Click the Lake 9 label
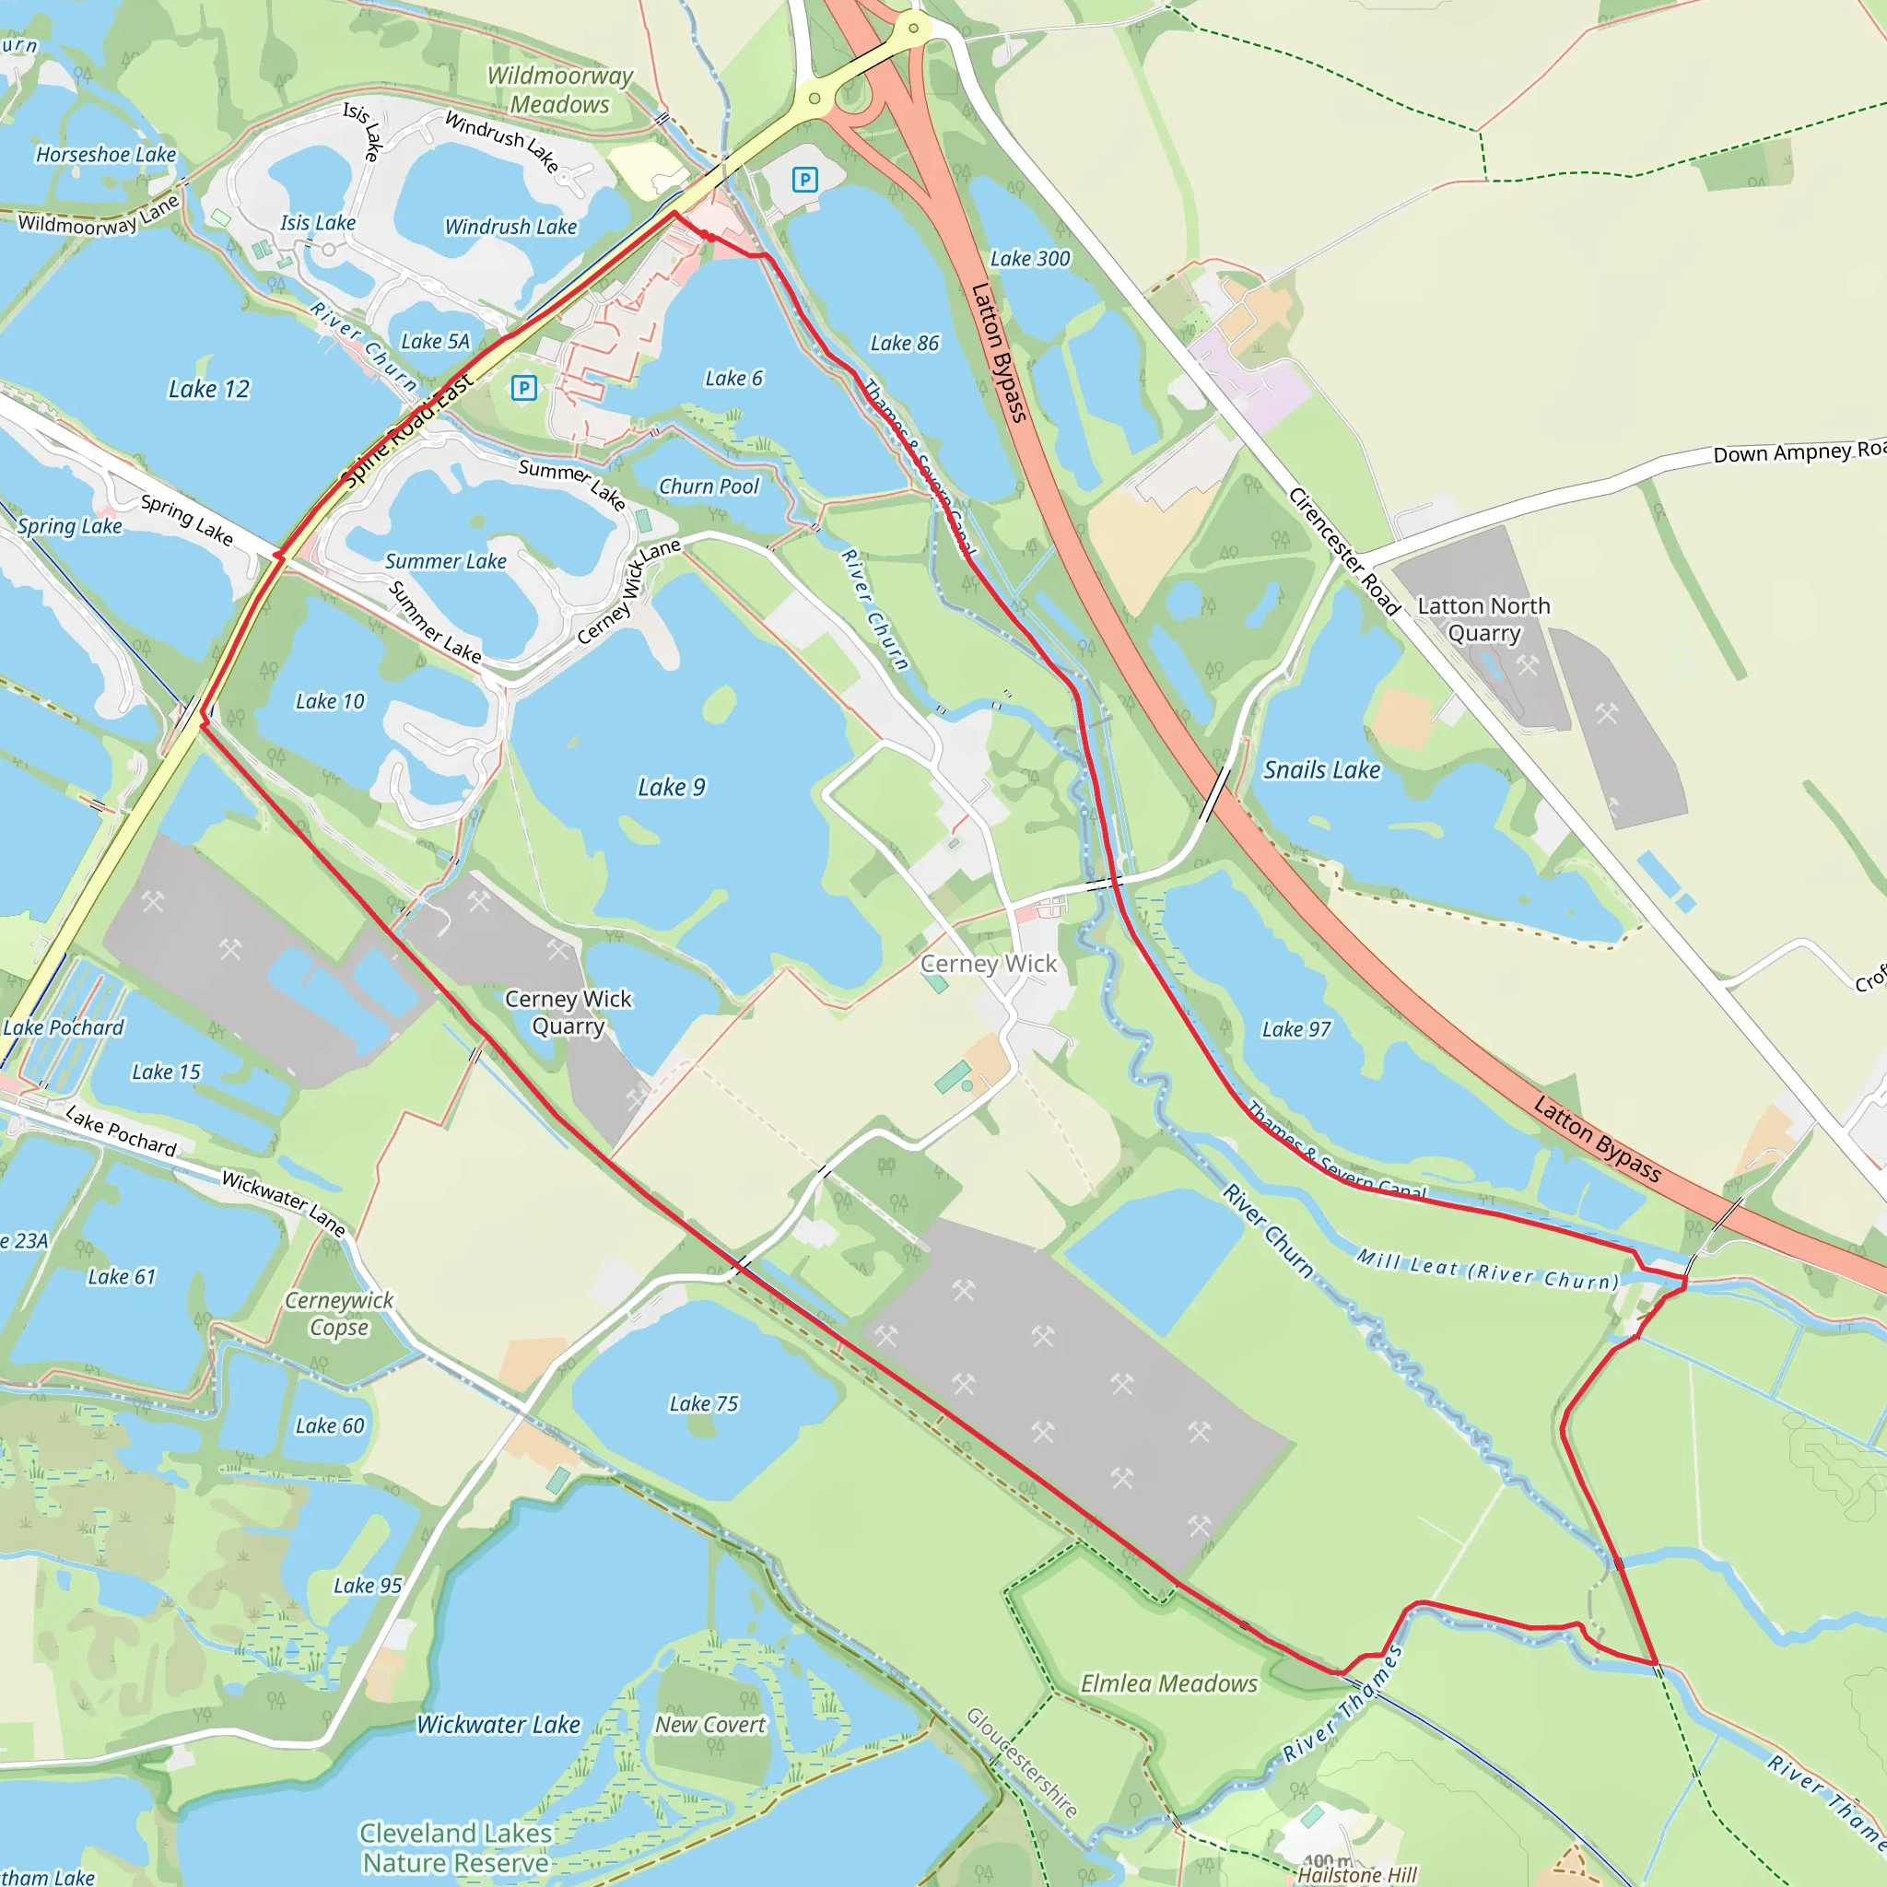click(671, 787)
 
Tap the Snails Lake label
click(1321, 769)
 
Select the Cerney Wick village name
click(989, 964)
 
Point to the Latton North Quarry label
click(1483, 619)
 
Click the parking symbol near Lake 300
click(804, 180)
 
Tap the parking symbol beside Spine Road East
click(524, 388)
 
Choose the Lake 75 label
click(703, 1403)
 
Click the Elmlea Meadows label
click(1168, 1684)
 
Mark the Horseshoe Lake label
click(105, 154)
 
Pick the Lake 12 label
click(209, 389)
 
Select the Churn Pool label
click(709, 486)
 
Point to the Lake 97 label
click(1296, 1029)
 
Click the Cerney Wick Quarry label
click(568, 1012)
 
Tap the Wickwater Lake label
click(498, 1725)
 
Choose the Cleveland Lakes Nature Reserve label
click(456, 1848)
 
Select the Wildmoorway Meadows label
click(559, 90)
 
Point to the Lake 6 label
click(733, 378)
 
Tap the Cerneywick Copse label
click(339, 1314)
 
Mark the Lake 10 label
click(330, 701)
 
